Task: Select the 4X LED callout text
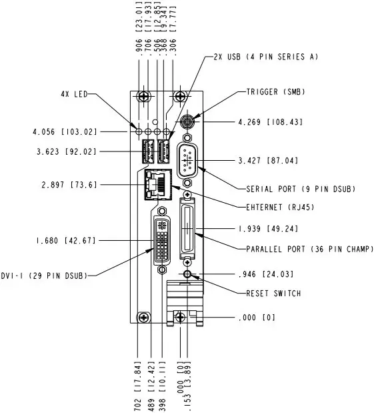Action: (71, 95)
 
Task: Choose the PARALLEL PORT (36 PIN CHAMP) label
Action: (304, 249)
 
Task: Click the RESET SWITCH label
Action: (273, 293)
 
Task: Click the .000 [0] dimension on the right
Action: (256, 318)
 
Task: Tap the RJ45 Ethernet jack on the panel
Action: (158, 184)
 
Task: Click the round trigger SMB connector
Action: (189, 123)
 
